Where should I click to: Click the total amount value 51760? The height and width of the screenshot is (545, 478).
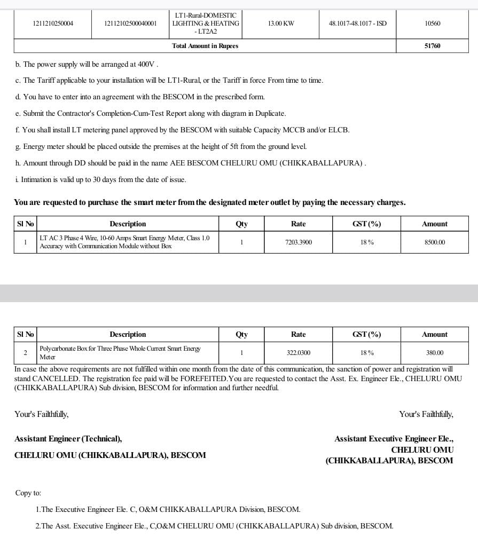coord(432,46)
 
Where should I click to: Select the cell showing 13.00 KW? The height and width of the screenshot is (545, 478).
coord(281,23)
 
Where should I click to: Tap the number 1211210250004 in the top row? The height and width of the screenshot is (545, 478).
coord(53,23)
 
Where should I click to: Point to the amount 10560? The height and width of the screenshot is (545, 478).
coord(432,23)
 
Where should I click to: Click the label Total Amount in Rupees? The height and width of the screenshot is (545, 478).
coord(205,46)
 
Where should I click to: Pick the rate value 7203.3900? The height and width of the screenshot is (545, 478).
coord(298,242)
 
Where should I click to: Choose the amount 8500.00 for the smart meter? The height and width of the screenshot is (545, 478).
coord(434,242)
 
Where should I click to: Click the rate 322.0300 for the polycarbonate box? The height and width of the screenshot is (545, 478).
coord(298,353)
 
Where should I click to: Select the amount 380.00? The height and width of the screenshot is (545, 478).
coord(434,353)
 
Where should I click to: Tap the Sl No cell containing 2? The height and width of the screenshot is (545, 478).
coord(25,353)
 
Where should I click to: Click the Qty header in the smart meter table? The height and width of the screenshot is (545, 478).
coord(241,224)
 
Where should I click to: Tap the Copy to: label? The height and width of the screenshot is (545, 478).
coord(28,493)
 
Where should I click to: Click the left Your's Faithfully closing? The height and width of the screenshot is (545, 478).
coord(41,414)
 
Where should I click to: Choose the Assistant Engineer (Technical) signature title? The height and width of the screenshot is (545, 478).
coord(68,439)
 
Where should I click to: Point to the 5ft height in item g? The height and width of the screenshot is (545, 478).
coord(236,146)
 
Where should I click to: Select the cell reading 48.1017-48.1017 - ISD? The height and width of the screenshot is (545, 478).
coord(357,23)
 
